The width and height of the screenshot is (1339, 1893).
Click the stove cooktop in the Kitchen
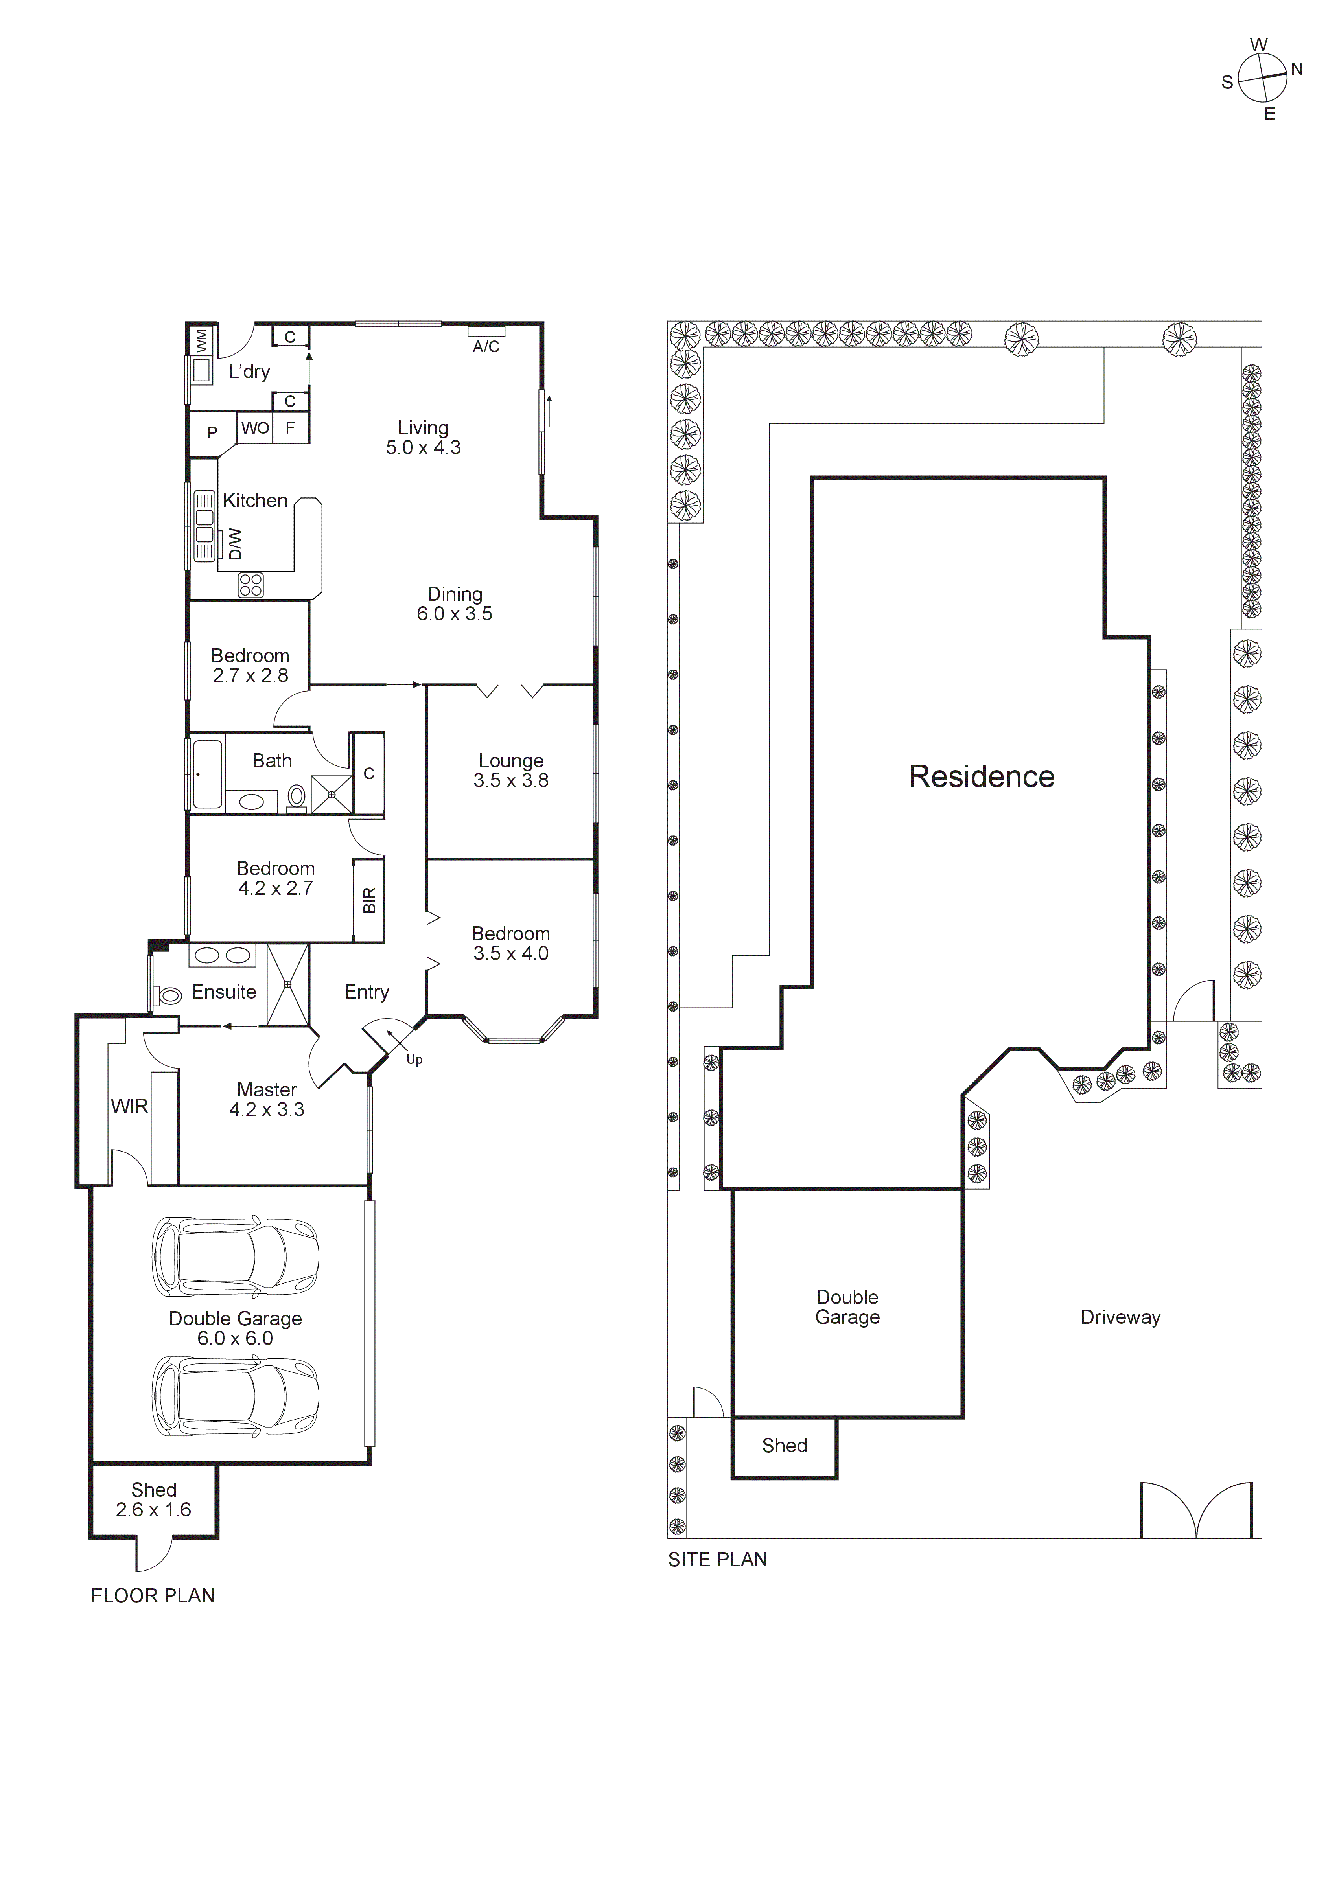[x=250, y=585]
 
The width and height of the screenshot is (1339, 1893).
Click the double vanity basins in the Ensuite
[x=221, y=956]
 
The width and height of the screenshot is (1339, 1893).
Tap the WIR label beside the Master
[x=129, y=1106]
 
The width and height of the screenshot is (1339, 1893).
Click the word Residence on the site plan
[x=981, y=776]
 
